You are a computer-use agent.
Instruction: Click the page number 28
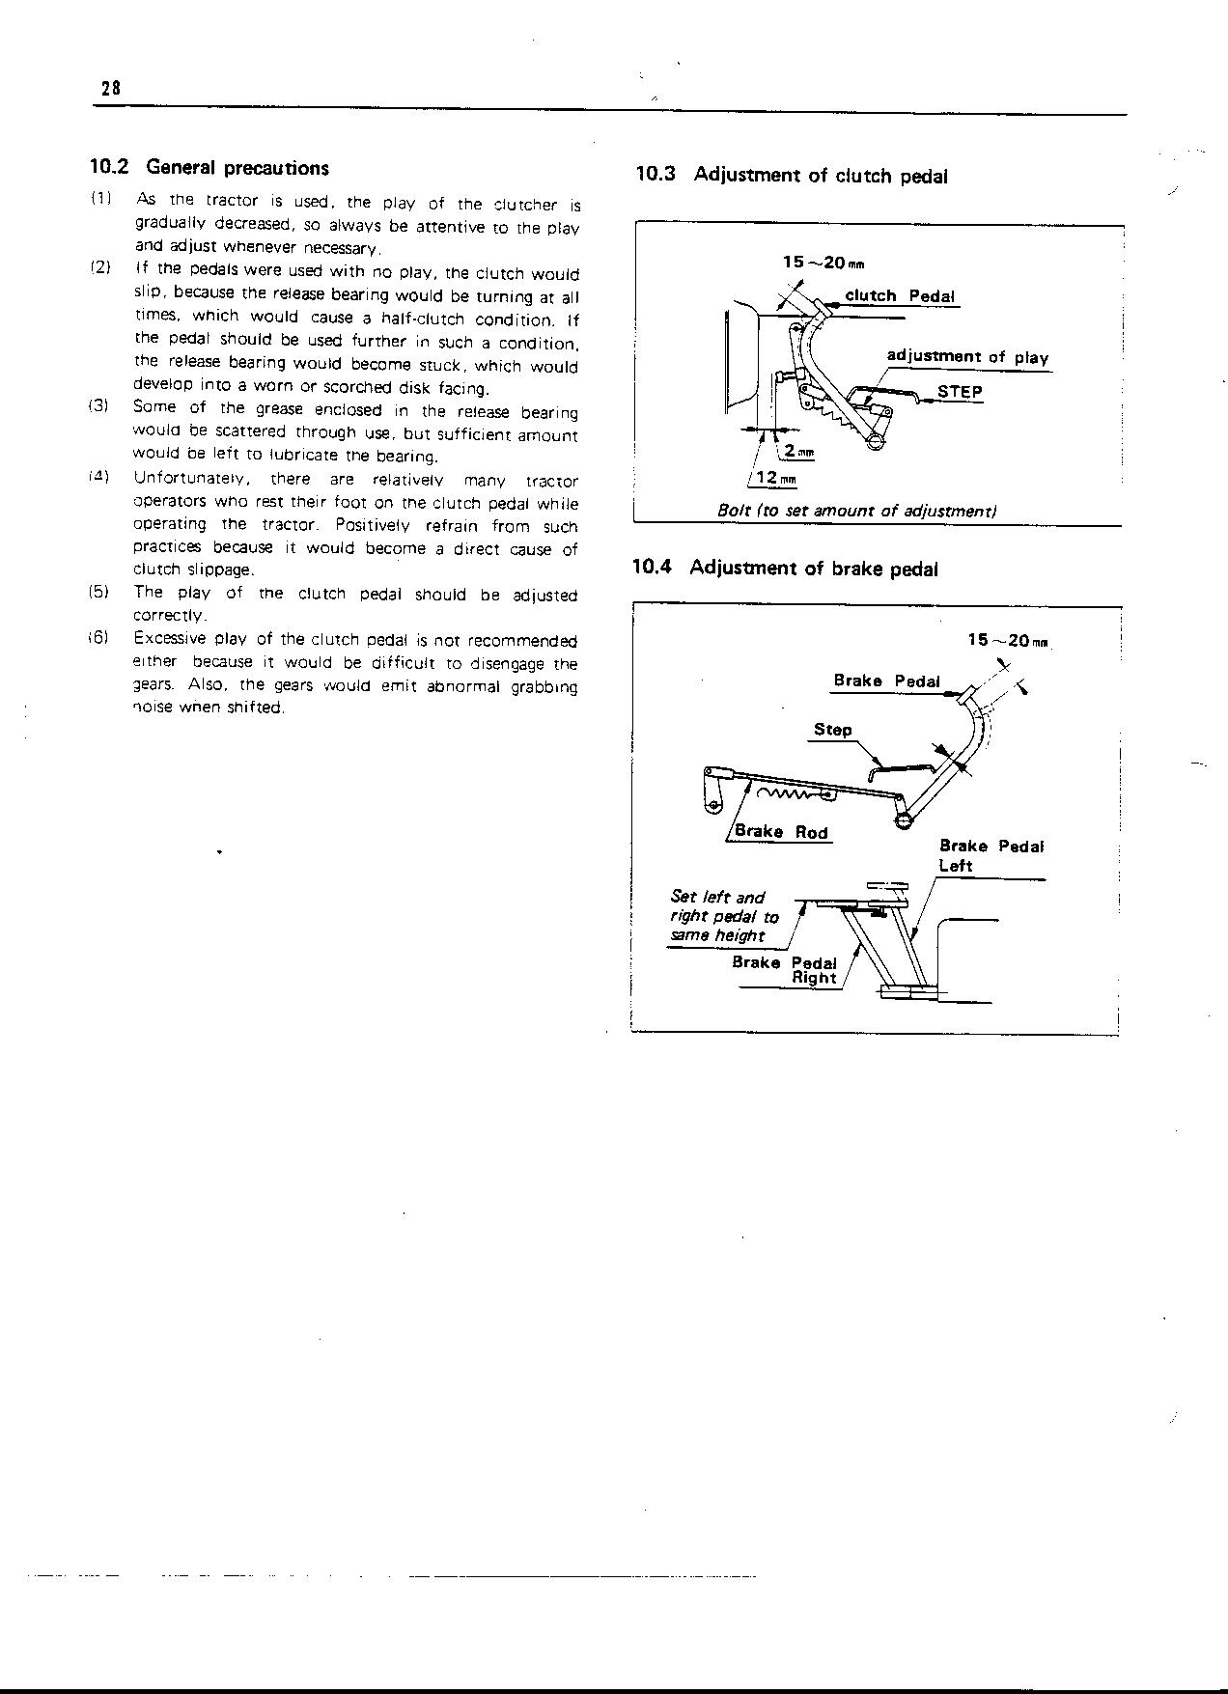[x=109, y=88]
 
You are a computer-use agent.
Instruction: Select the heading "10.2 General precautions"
[x=209, y=168]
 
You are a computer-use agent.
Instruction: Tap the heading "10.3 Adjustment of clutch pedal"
[x=792, y=176]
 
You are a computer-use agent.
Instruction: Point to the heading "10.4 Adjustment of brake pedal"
[x=785, y=569]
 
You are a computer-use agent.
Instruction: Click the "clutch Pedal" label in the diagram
[x=900, y=296]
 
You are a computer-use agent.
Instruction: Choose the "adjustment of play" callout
[x=967, y=357]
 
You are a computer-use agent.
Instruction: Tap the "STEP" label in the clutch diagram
[x=960, y=392]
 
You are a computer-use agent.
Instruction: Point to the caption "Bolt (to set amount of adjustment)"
[x=857, y=511]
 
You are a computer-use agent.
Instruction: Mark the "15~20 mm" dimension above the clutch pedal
[x=823, y=263]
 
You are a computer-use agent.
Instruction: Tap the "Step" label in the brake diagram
[x=832, y=730]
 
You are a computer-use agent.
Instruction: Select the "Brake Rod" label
[x=781, y=832]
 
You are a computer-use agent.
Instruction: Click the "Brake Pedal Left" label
[x=991, y=856]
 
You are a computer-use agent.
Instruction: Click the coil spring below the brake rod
[x=786, y=794]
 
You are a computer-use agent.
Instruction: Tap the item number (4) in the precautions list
[x=100, y=478]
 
